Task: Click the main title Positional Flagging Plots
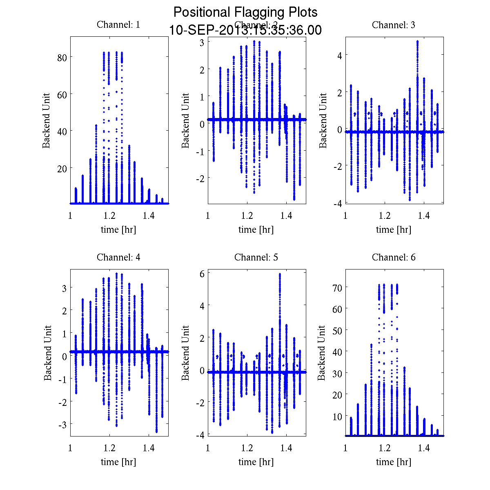[245, 12]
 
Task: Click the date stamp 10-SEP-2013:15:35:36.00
[245, 30]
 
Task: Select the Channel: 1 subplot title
[118, 25]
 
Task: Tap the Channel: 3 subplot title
[394, 25]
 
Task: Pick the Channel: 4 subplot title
[118, 257]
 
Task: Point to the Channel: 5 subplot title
[256, 257]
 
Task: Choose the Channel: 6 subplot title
[394, 257]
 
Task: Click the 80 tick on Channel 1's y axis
[62, 58]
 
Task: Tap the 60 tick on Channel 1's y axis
[62, 94]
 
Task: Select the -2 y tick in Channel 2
[200, 178]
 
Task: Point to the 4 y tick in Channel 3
[339, 55]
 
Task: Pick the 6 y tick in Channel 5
[202, 274]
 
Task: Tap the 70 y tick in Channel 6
[337, 287]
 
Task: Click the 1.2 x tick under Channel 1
[110, 216]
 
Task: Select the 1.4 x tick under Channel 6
[424, 448]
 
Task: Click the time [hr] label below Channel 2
[256, 229]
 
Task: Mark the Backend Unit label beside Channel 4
[48, 353]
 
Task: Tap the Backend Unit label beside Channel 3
[323, 120]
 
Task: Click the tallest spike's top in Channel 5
[280, 274]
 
